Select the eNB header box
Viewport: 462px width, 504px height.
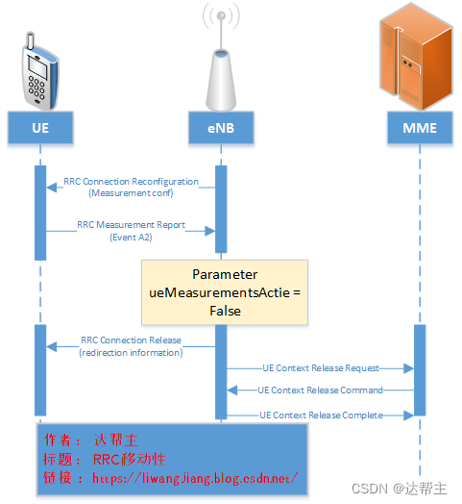(220, 127)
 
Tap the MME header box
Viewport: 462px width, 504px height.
(419, 127)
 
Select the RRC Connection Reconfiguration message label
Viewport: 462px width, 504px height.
(131, 181)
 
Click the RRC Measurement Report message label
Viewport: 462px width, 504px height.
(131, 226)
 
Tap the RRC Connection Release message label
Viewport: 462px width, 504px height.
(131, 340)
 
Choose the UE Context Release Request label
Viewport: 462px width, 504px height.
(321, 367)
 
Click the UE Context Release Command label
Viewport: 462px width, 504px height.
(321, 391)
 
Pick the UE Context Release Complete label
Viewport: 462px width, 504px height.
(321, 415)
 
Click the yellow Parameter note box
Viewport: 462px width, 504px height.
(225, 290)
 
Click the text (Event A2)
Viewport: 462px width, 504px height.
(131, 237)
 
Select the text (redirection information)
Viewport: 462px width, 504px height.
(131, 353)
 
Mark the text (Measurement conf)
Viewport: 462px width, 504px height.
(131, 192)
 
